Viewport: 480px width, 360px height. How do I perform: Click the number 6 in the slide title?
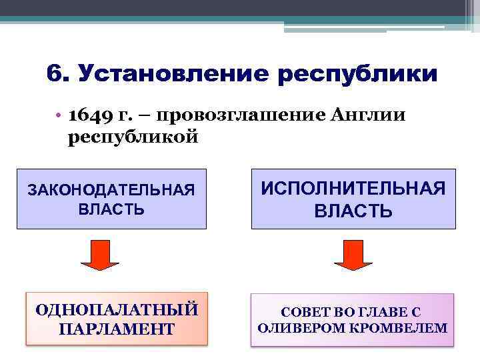pos(55,74)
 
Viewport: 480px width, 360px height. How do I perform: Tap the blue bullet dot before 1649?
pos(59,116)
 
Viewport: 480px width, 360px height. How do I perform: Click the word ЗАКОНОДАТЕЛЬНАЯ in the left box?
pos(111,190)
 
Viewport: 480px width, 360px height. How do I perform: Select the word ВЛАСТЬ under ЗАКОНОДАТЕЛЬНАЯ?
pos(111,209)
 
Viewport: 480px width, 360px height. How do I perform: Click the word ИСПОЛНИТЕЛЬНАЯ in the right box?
pos(353,189)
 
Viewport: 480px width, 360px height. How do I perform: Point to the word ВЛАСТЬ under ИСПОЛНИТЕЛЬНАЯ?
pos(353,212)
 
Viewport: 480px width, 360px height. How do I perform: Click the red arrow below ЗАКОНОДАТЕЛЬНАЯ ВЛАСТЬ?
pos(100,255)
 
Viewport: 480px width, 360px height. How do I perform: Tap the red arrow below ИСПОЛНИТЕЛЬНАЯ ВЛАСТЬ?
pos(353,255)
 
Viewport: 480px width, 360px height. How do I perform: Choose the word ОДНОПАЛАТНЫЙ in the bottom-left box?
pos(117,310)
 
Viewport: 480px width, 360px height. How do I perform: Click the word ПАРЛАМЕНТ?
pos(117,328)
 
